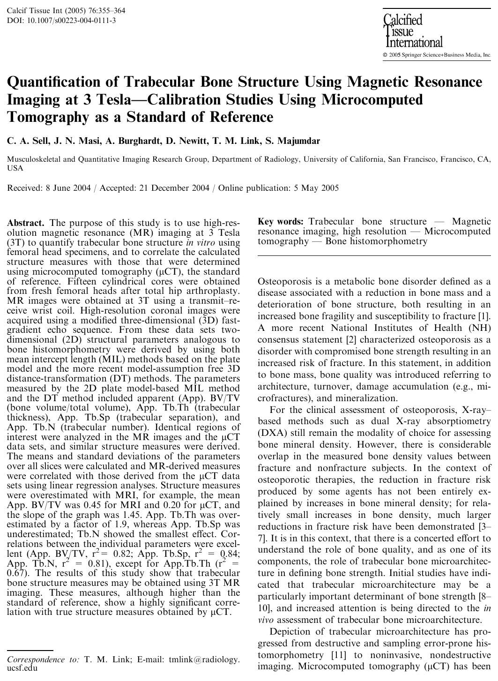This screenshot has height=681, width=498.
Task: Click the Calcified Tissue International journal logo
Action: click(x=412, y=31)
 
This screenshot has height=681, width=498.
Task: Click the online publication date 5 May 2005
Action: click(x=316, y=188)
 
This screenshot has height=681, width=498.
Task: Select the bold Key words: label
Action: click(x=281, y=221)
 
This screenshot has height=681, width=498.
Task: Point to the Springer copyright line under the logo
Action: click(x=437, y=55)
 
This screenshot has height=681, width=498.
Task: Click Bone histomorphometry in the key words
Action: click(x=376, y=241)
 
